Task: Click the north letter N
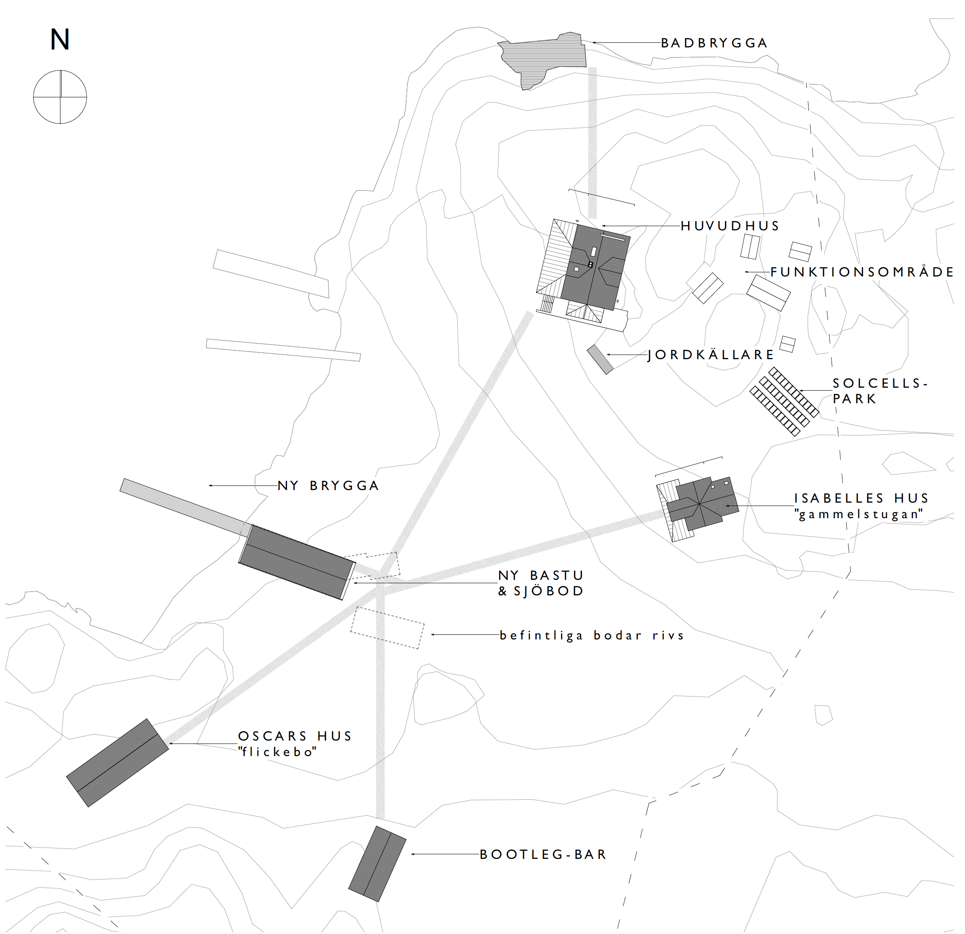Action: coord(60,39)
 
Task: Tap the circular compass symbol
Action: coord(60,97)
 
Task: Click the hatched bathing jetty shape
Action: coord(544,59)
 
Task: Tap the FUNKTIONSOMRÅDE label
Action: coord(862,272)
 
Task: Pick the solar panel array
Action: coord(784,401)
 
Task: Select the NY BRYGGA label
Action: coord(329,486)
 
